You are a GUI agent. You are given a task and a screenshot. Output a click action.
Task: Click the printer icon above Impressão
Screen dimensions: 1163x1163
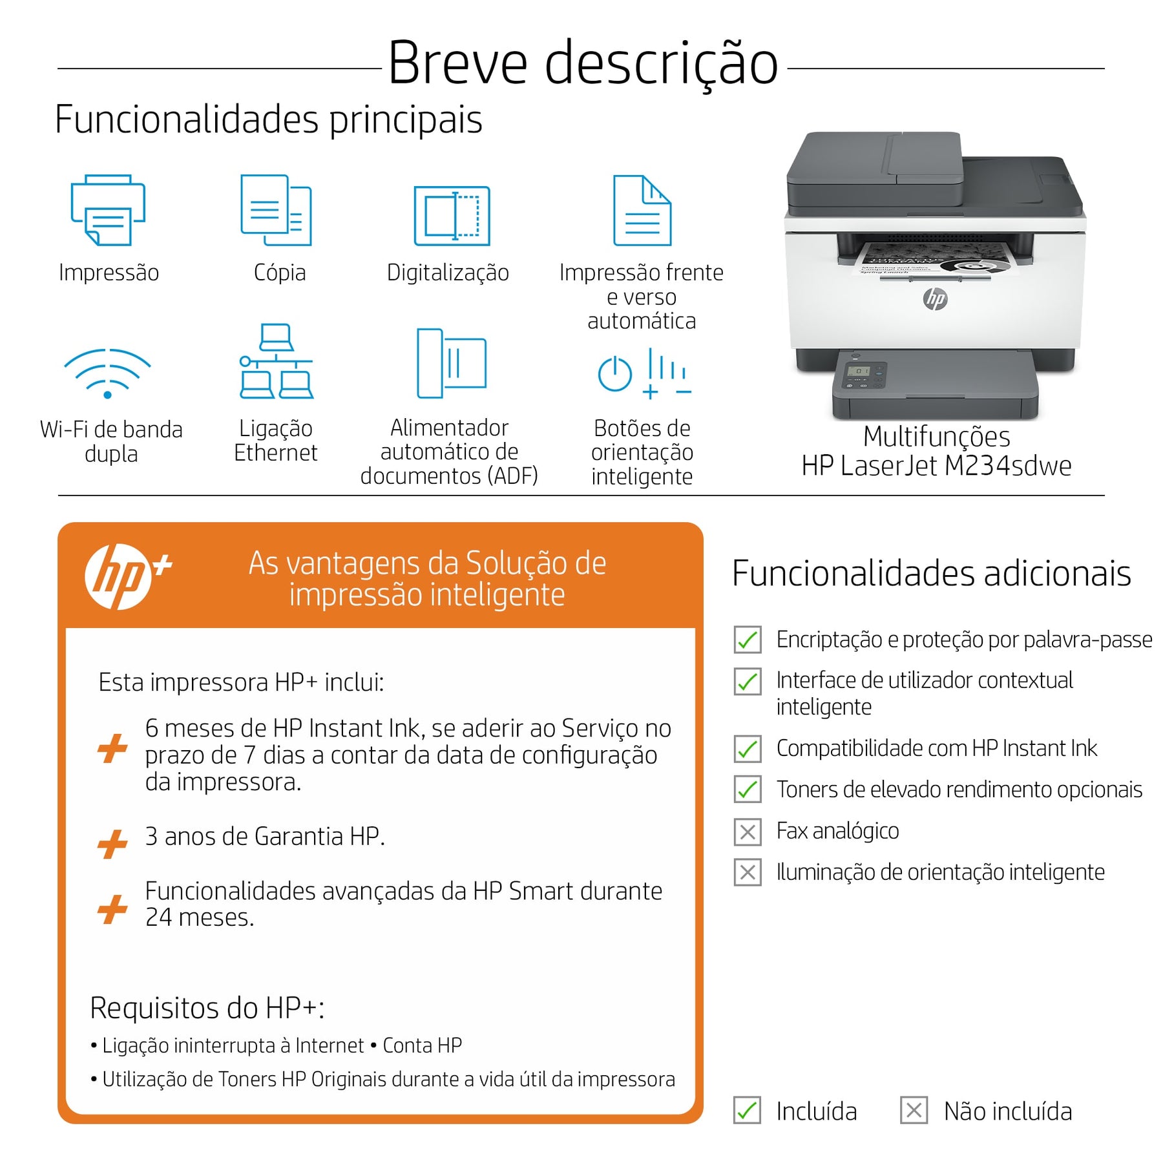[x=108, y=210]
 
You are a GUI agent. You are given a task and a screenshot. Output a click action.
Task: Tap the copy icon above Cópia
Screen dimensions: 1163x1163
[x=276, y=210]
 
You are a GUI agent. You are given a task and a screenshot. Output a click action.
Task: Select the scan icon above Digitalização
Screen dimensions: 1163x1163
[x=452, y=216]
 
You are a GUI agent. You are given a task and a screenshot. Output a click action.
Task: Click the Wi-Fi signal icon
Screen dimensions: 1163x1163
[x=107, y=373]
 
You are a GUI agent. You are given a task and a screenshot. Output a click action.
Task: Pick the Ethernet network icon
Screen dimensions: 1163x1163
[x=276, y=361]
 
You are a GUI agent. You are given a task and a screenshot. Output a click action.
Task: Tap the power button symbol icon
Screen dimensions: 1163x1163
[x=614, y=373]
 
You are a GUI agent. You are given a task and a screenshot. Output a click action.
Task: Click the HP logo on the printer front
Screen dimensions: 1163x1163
[x=935, y=298]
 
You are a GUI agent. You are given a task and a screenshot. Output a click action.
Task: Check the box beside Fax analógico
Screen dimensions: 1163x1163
[x=748, y=832]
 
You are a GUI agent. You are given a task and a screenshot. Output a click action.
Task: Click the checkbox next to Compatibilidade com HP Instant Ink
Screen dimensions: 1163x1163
[x=748, y=749]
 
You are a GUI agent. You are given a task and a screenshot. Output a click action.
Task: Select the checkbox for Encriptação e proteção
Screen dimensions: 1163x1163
[x=748, y=640]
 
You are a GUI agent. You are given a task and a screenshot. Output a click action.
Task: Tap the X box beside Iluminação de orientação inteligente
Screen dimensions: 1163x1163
[x=748, y=872]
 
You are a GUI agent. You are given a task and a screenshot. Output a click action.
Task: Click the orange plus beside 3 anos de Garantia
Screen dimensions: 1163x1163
[x=112, y=844]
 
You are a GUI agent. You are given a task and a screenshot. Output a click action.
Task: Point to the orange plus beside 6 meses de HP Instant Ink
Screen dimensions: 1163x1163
[x=112, y=748]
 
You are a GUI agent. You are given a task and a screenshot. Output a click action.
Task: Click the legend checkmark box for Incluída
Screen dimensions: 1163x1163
[x=747, y=1111]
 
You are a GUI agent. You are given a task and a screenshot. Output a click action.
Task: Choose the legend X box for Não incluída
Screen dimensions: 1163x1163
[x=914, y=1111]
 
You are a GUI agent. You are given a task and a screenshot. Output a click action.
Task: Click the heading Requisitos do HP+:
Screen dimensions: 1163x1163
[x=207, y=1008]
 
